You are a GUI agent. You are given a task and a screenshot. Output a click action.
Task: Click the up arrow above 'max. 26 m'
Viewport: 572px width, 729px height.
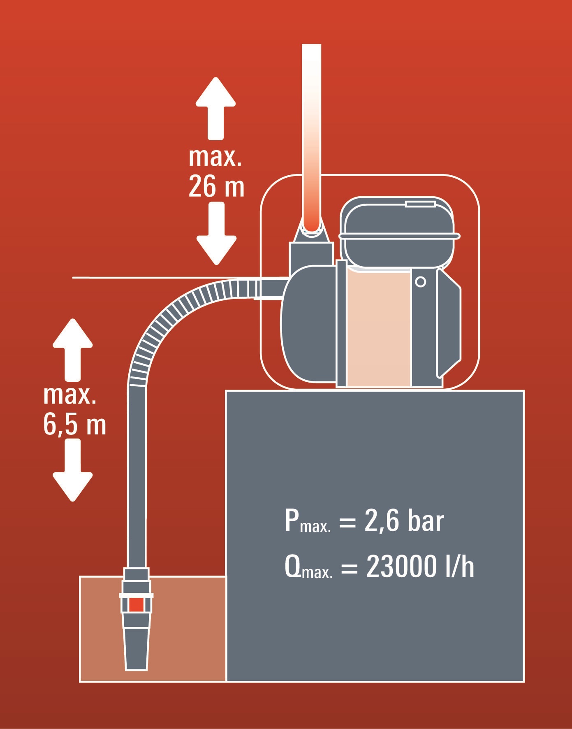(215, 108)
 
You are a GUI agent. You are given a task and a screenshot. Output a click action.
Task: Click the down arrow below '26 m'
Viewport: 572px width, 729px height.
(216, 233)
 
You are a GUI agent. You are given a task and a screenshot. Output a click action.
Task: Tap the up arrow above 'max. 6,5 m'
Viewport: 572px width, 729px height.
(73, 350)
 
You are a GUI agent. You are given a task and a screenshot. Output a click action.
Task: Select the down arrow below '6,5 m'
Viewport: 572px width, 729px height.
(73, 470)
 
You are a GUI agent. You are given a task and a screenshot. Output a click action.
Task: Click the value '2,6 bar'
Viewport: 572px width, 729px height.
(404, 521)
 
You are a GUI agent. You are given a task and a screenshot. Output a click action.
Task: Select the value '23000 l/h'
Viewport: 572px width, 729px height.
(420, 566)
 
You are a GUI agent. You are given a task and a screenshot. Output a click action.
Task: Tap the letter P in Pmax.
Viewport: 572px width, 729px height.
(292, 521)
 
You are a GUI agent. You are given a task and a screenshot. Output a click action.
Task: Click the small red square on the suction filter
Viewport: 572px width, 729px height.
(136, 604)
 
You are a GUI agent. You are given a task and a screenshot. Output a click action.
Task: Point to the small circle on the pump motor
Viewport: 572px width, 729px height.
(420, 282)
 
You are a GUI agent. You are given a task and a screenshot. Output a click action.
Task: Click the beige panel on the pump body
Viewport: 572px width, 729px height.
(379, 327)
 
